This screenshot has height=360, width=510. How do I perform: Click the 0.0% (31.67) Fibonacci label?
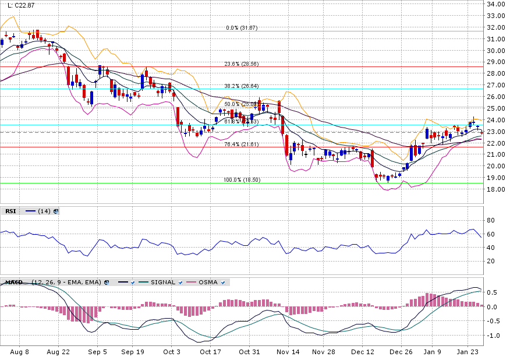tap(242, 28)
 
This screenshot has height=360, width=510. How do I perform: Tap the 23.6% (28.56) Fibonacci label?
tap(241, 64)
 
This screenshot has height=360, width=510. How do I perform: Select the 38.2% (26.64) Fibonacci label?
tap(241, 86)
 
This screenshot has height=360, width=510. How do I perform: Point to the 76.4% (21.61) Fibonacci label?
tap(241, 144)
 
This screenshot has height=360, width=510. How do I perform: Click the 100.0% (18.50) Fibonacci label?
tap(242, 180)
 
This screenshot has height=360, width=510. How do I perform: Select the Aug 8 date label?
tap(20, 352)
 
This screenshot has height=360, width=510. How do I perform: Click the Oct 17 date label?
tap(210, 352)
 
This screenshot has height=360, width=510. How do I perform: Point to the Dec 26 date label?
tap(401, 352)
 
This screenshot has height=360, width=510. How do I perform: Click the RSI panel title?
tap(10, 211)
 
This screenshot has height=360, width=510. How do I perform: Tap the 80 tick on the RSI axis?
tap(490, 220)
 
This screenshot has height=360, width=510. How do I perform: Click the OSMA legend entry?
tap(208, 283)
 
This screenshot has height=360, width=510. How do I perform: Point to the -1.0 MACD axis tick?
tap(493, 336)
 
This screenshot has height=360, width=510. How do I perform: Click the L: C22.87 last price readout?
tap(19, 5)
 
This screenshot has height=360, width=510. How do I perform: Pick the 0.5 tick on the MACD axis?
tap(493, 292)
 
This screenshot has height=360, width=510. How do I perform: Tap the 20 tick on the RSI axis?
tap(490, 261)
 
